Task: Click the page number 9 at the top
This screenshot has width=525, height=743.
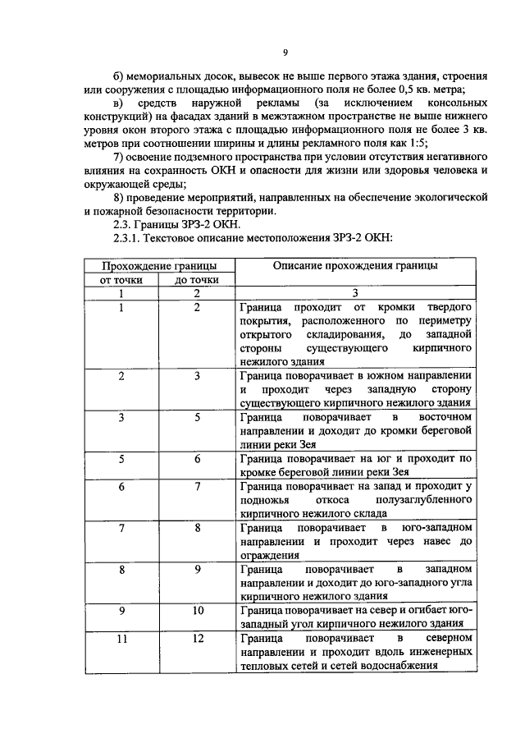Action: click(285, 53)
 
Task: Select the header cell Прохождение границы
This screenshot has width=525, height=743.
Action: click(159, 266)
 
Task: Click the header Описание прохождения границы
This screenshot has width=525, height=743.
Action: click(355, 266)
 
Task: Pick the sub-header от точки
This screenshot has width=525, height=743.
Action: click(121, 280)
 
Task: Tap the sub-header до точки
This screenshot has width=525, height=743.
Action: click(197, 280)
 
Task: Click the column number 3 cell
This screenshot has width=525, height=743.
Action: click(355, 293)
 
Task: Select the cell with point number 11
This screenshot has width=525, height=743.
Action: click(121, 638)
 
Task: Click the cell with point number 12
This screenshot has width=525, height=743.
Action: click(197, 638)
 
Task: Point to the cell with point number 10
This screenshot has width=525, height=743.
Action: click(197, 611)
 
